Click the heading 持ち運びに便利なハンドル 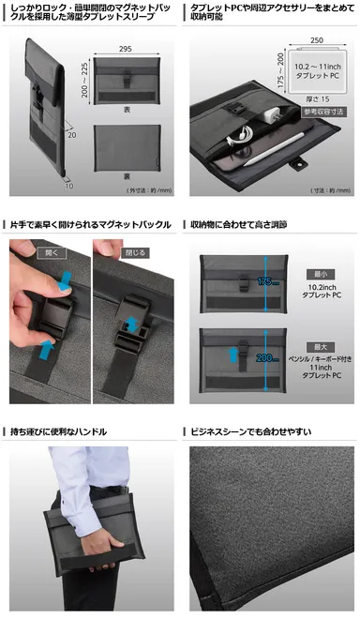tap(58, 431)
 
